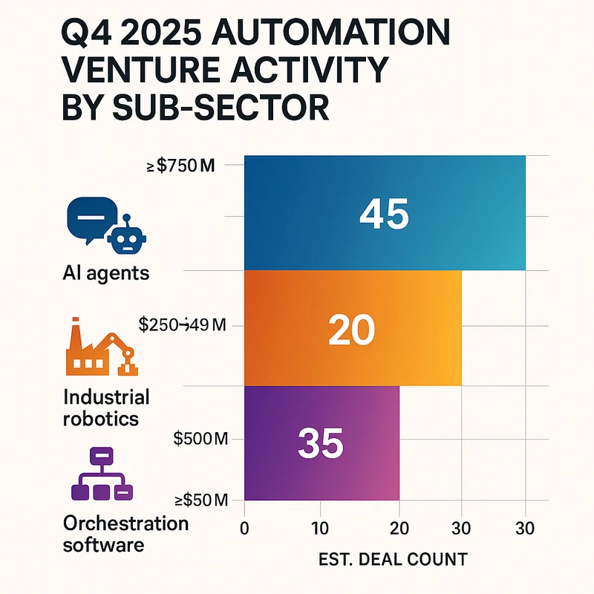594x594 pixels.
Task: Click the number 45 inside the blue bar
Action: click(x=384, y=214)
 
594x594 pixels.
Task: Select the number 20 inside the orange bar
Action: click(x=351, y=329)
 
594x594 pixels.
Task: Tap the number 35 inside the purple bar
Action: click(x=320, y=443)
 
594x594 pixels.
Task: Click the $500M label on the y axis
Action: click(x=199, y=438)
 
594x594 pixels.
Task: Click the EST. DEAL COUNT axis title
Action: click(x=394, y=558)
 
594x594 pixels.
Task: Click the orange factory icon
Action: click(x=88, y=349)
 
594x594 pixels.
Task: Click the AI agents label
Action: click(x=105, y=272)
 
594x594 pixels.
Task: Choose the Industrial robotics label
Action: click(x=106, y=407)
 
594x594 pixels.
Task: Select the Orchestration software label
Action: click(x=125, y=534)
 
